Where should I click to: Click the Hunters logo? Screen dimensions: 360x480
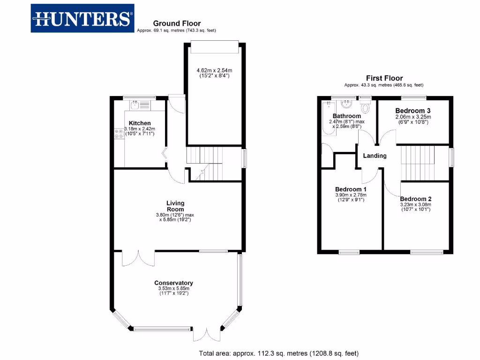point(82,19)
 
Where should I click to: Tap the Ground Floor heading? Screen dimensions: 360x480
point(177,23)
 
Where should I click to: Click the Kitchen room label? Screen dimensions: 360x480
point(140,123)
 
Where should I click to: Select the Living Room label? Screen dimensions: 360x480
point(175,206)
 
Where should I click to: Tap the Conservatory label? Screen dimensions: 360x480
point(173,283)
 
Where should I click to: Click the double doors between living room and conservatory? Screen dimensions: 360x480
point(138,258)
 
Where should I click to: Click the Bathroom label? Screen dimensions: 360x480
point(346,116)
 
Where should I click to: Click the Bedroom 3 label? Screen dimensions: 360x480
point(412,111)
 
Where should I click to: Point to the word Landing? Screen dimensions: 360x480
point(375,156)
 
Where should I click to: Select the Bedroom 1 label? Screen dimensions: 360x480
point(350,189)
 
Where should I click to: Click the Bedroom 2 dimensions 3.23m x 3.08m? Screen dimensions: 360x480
point(415,205)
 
